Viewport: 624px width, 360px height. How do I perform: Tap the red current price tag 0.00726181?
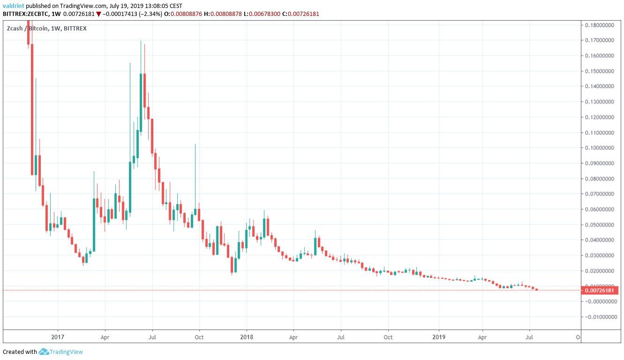point(600,291)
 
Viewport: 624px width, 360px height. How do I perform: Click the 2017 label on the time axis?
point(58,337)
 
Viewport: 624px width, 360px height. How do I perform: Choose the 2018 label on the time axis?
point(247,337)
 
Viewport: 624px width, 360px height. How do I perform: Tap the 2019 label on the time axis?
point(439,337)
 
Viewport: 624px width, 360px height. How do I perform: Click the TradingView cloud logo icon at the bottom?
point(44,352)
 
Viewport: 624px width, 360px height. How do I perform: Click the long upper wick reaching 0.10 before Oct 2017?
point(195,164)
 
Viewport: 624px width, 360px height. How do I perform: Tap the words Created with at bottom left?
point(20,352)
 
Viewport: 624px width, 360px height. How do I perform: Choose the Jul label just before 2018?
point(152,337)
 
